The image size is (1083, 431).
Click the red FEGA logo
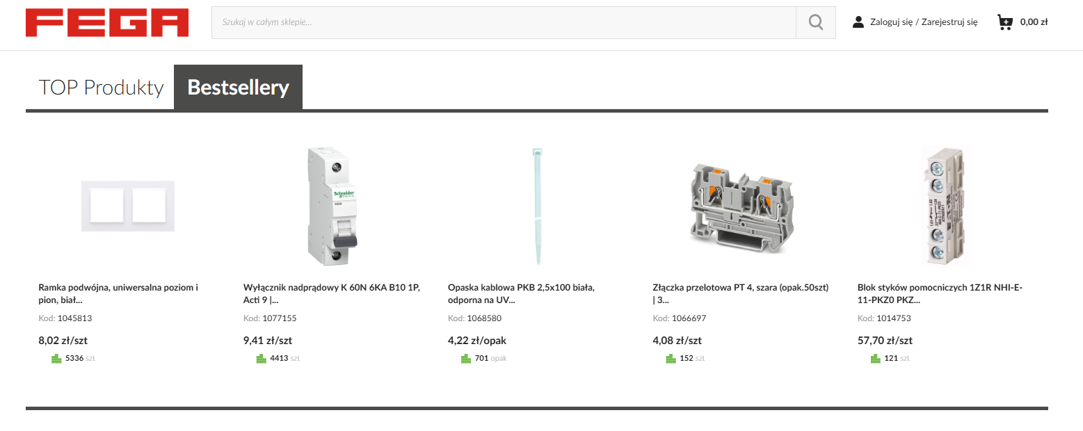107,22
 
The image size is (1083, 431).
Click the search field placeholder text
267,22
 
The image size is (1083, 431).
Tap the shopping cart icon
1004,22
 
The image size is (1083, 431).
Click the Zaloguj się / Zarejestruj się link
924,22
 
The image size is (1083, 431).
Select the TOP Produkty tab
101,88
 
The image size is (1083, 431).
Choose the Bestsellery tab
239,88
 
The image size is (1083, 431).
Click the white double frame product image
128,206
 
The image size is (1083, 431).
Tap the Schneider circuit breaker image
332,206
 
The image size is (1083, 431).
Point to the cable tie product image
537,206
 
